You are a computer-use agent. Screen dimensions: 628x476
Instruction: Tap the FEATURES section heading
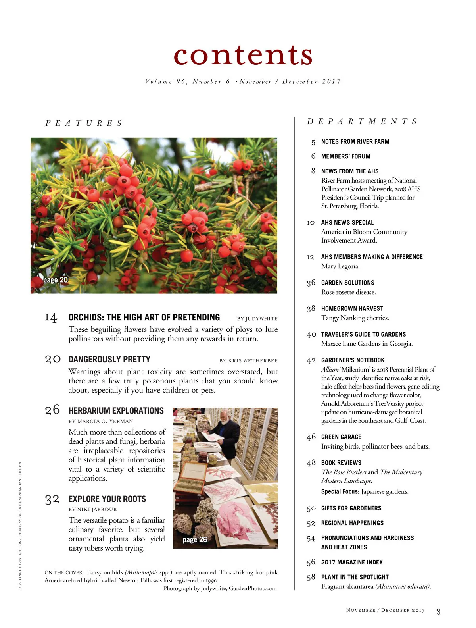[x=84, y=123]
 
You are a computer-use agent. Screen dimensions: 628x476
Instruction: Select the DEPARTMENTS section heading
[x=362, y=121]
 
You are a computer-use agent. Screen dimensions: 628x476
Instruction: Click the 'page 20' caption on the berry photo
[x=56, y=280]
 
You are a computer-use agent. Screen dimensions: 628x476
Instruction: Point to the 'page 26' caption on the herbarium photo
[x=195, y=540]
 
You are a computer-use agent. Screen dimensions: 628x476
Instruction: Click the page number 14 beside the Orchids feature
[x=51, y=318]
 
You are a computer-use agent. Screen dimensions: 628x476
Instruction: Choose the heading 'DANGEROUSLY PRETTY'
[x=109, y=360]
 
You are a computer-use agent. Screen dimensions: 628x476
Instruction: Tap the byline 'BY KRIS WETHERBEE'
[x=248, y=361]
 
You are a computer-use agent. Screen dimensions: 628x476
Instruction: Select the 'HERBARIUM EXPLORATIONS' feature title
[x=116, y=411]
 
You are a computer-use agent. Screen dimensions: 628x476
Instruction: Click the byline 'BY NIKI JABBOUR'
[x=93, y=509]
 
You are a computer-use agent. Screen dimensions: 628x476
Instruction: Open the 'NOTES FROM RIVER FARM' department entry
[x=355, y=142]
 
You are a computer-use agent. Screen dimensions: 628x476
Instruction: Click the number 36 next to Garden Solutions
[x=311, y=283]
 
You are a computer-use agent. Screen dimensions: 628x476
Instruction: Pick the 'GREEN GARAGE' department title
[x=341, y=437]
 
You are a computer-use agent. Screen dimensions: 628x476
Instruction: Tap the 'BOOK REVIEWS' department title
[x=341, y=463]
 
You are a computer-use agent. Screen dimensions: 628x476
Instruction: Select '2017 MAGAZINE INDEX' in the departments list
[x=352, y=562]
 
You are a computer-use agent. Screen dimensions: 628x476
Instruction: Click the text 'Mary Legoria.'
[x=340, y=266]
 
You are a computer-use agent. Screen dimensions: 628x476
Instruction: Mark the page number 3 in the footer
[x=438, y=611]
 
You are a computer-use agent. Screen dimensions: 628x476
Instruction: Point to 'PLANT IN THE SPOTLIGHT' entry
[x=355, y=577]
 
